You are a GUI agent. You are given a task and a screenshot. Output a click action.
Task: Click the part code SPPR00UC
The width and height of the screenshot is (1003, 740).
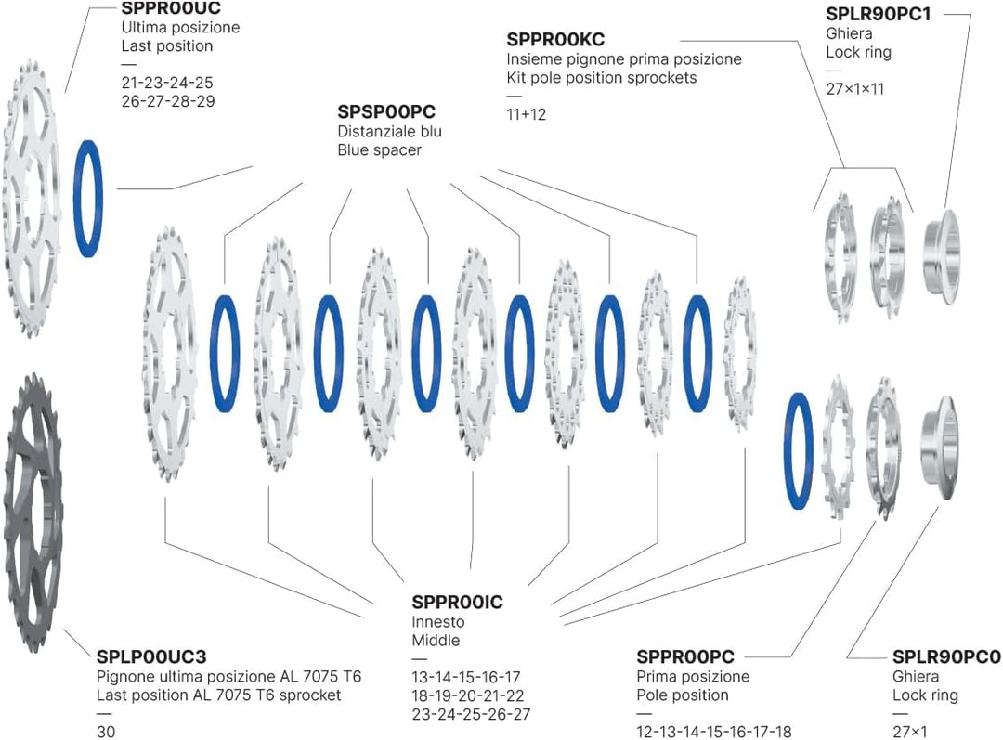tap(171, 8)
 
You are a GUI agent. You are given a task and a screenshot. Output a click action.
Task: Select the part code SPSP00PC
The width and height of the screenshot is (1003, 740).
tap(386, 112)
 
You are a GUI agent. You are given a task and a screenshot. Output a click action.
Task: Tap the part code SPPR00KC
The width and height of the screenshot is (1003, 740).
tap(555, 40)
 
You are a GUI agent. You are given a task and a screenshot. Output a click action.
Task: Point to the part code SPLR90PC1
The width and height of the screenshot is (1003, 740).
tap(879, 14)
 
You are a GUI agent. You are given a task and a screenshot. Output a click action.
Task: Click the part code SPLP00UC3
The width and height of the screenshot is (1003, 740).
tap(151, 656)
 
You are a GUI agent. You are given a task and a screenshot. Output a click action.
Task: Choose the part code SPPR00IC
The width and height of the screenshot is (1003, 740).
tap(457, 603)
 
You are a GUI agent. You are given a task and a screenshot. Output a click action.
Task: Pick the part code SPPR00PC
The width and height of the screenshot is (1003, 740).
tap(685, 656)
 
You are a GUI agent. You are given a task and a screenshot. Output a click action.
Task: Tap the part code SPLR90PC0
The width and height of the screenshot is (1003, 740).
tap(946, 656)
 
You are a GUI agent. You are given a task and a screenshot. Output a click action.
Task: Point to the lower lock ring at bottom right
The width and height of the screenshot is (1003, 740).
tap(940, 448)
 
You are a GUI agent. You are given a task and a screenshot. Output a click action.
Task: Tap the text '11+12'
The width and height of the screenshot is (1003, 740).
tap(526, 114)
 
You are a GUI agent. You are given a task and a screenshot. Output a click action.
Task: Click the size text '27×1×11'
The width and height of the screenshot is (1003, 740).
tap(854, 89)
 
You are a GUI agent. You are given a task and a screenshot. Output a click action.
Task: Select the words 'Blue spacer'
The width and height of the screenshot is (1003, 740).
tap(379, 150)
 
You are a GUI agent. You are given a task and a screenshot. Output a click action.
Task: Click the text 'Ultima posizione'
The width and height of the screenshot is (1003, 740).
tap(180, 28)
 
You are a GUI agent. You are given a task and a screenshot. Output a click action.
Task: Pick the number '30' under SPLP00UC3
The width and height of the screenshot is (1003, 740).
tap(106, 732)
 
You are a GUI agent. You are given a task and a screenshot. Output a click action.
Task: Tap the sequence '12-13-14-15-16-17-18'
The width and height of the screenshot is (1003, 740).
tap(714, 732)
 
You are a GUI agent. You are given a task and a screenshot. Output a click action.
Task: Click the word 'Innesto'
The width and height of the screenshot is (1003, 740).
tap(438, 622)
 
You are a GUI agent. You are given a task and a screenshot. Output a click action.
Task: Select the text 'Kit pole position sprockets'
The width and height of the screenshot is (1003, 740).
tap(601, 78)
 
